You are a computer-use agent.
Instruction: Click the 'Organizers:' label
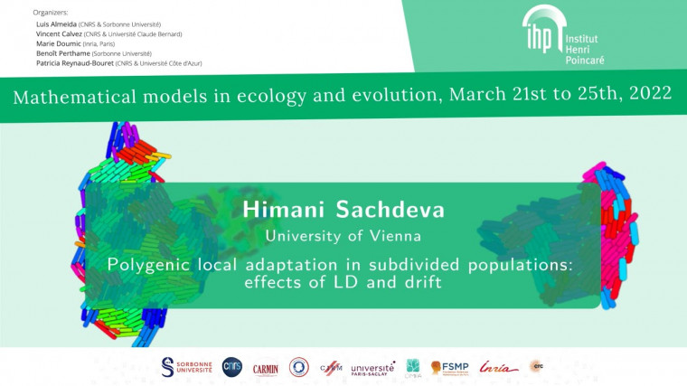click(x=50, y=13)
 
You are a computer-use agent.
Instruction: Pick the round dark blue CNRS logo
click(x=231, y=366)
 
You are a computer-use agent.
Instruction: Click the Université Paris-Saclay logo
click(x=372, y=368)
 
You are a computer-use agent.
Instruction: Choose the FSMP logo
click(x=453, y=367)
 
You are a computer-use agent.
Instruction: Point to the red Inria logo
click(x=499, y=367)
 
